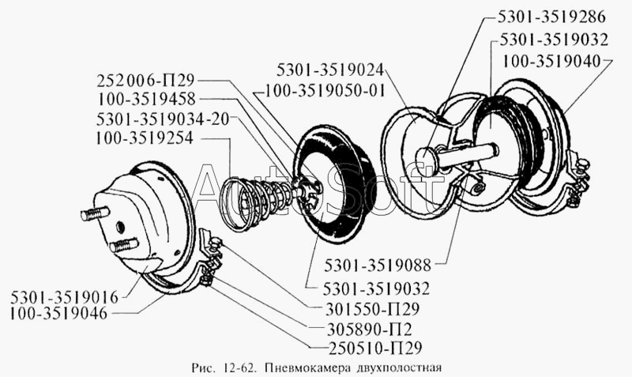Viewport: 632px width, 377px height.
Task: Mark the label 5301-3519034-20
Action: [151, 119]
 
